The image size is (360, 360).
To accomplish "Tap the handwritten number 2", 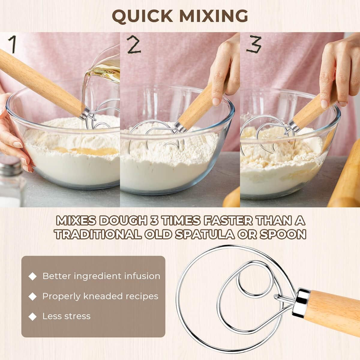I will [133, 45].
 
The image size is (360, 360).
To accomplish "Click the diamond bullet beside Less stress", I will [32, 316].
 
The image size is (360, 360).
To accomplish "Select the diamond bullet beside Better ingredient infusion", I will [32, 276].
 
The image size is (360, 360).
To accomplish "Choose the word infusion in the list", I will [141, 276].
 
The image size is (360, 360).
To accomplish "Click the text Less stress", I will [66, 316].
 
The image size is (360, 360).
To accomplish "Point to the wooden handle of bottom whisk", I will [333, 312].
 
